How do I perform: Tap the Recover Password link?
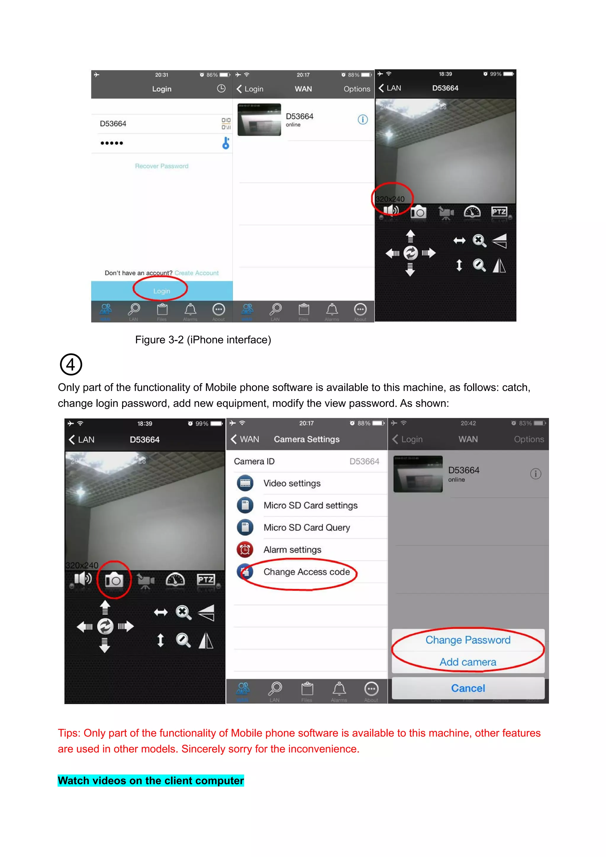point(161,166)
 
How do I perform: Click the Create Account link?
point(196,273)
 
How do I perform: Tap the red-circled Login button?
point(161,291)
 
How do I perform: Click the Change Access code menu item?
point(306,572)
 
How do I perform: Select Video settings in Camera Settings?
point(292,484)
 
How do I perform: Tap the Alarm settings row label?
point(292,550)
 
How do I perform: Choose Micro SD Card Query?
point(307,527)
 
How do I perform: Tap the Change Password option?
point(468,640)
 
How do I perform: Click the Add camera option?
point(468,662)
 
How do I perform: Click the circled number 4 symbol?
point(71,364)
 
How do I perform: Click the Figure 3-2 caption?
point(203,340)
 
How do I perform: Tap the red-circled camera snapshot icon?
point(114,580)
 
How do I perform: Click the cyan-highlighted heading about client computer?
point(151,780)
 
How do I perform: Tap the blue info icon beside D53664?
point(362,119)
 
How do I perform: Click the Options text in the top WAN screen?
point(357,89)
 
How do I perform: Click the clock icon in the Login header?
point(221,88)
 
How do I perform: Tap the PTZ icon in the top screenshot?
point(499,212)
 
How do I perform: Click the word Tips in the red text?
point(69,733)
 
